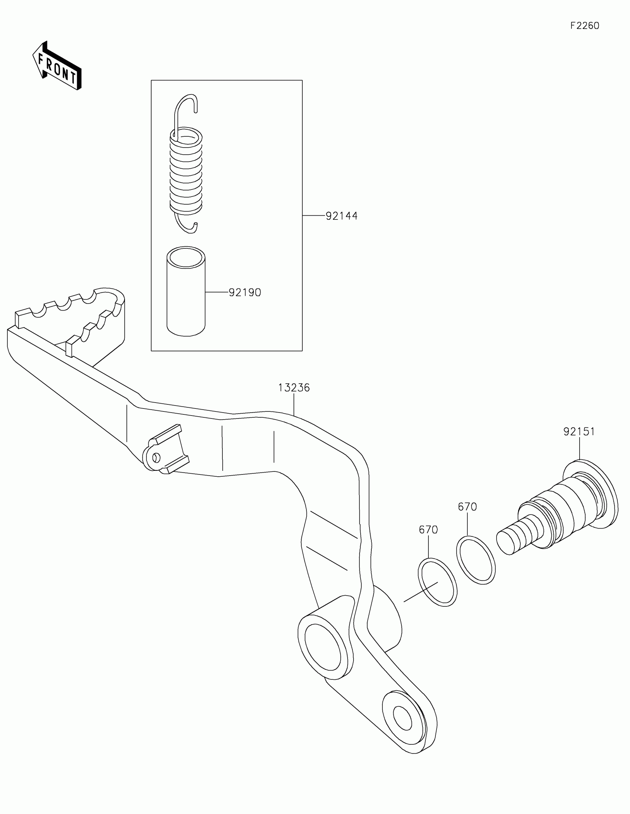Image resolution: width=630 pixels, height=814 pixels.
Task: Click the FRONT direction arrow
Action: [x=57, y=66]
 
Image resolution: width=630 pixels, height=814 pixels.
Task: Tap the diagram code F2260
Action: [x=584, y=26]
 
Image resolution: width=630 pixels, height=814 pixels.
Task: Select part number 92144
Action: [x=341, y=216]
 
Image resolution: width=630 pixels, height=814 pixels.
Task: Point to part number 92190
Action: [x=244, y=292]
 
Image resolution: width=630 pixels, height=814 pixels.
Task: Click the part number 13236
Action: [x=294, y=388]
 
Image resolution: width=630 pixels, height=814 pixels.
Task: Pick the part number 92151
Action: [x=579, y=431]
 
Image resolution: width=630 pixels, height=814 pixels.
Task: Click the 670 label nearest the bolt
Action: [x=467, y=507]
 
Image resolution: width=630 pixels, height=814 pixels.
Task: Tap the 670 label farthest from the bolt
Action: [x=428, y=530]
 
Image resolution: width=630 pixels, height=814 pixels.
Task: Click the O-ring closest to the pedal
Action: [x=437, y=582]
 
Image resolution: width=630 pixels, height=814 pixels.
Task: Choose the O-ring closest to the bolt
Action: [x=476, y=560]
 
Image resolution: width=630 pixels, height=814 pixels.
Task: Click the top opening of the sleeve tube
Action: [x=186, y=257]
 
